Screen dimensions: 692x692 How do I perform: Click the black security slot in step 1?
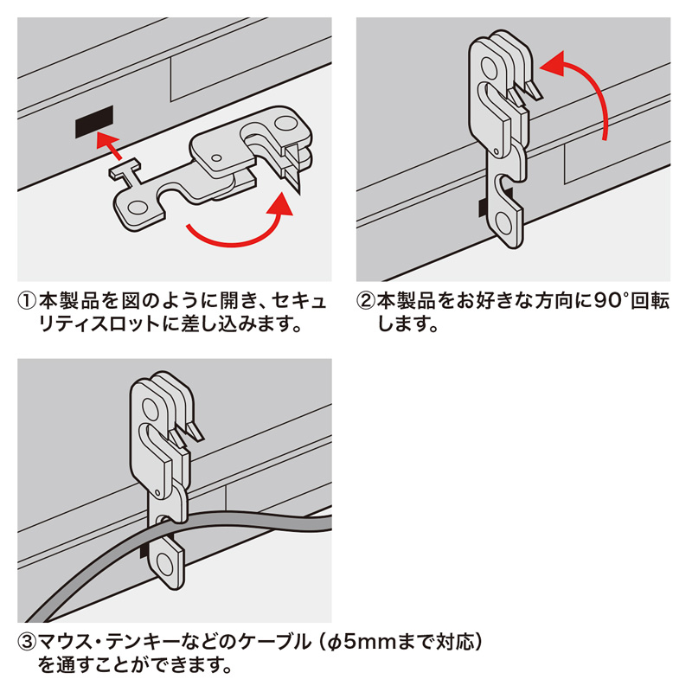94,122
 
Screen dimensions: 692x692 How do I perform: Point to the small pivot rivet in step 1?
216,157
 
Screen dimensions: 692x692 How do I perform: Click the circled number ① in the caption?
27,301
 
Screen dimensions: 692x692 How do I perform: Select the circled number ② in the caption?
365,301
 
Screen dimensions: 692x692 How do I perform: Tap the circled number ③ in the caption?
27,642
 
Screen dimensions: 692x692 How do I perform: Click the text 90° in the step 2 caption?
611,300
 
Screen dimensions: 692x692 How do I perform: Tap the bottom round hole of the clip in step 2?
503,222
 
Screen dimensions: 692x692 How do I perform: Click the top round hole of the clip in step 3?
150,408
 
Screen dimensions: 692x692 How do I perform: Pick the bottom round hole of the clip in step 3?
164,565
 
